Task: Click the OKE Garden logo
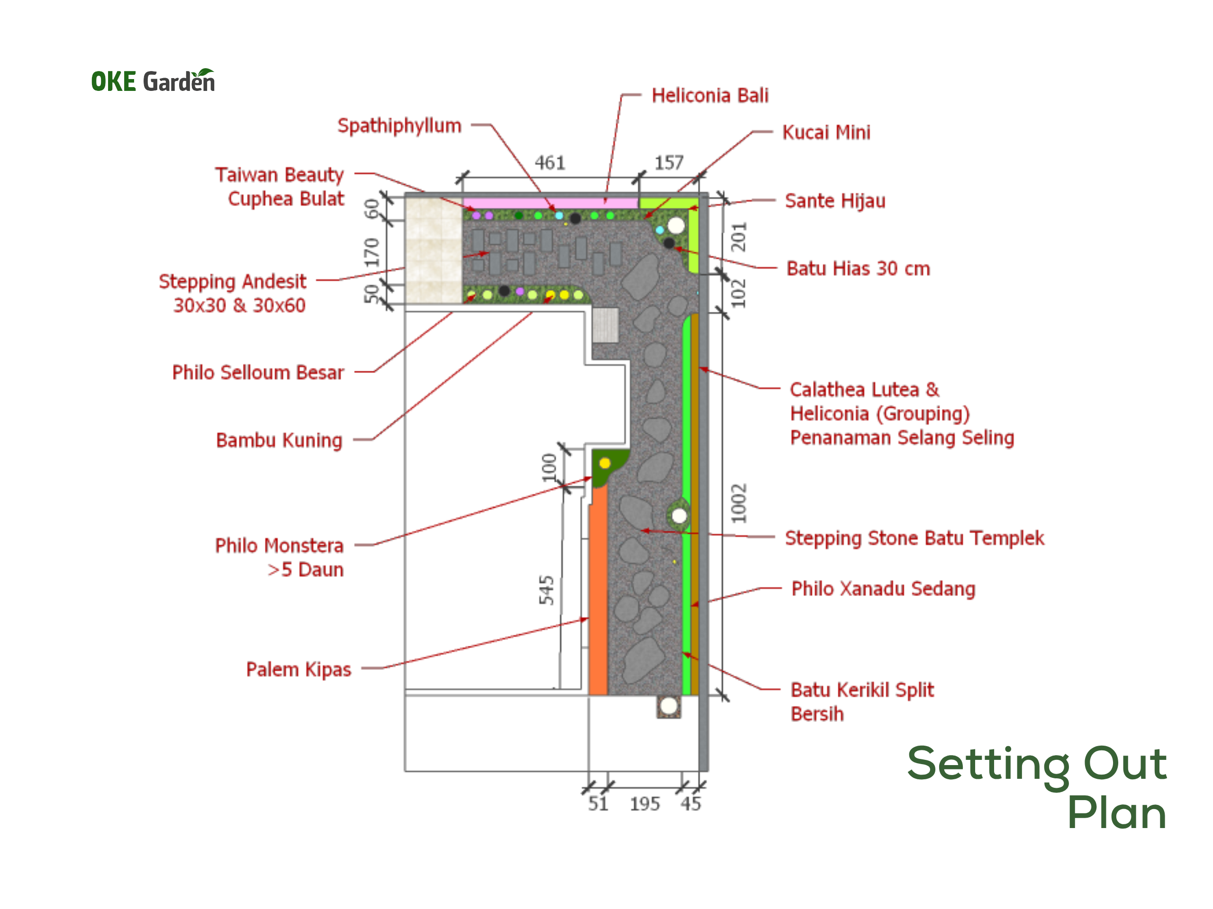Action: (x=153, y=80)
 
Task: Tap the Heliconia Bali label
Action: (x=710, y=95)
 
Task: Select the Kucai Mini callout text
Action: (x=826, y=132)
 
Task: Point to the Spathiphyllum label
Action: (x=399, y=126)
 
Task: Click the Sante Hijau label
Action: (x=834, y=201)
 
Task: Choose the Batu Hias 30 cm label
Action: (x=858, y=268)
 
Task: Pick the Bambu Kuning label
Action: (x=279, y=440)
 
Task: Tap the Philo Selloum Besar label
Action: (x=258, y=372)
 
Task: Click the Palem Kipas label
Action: (x=299, y=669)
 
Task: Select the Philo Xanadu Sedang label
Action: (x=883, y=588)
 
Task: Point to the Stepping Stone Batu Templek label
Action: (x=914, y=538)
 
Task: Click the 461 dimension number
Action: (x=550, y=163)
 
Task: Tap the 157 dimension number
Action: (x=669, y=162)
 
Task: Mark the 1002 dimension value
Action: (x=739, y=503)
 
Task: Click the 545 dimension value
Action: (x=546, y=589)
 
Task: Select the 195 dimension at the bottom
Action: (x=644, y=804)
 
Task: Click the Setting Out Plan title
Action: (x=1036, y=787)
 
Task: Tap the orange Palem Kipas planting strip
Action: (x=598, y=589)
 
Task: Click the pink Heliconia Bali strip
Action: (x=551, y=203)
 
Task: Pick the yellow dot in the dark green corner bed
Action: (x=604, y=463)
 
